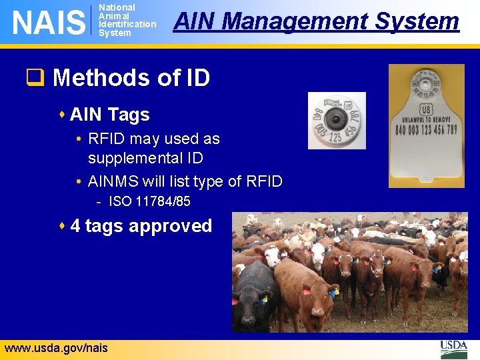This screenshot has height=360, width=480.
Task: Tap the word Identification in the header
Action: coord(127,25)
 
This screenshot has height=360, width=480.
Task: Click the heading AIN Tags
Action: coord(109,115)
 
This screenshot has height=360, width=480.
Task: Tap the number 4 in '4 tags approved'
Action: coord(75,226)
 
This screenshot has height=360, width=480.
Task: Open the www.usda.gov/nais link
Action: coord(56,348)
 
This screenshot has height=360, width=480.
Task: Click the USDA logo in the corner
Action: coord(454,348)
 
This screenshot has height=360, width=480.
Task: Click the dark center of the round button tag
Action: coord(338,120)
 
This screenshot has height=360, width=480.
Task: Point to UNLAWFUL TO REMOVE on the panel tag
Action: coord(427,121)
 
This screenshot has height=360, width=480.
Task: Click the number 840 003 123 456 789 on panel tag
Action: coord(427,130)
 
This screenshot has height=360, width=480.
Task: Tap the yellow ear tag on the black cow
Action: coord(265,299)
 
